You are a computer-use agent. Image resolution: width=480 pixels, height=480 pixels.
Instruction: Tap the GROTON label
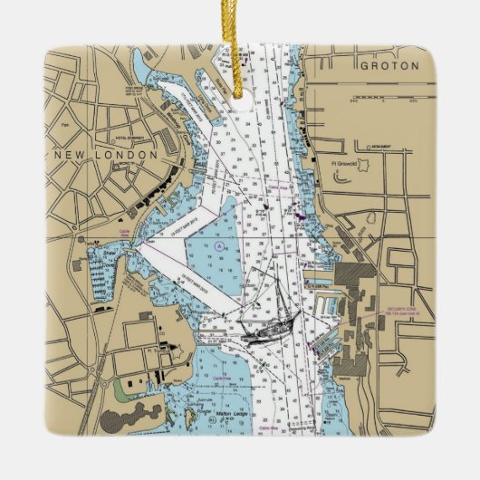(389, 66)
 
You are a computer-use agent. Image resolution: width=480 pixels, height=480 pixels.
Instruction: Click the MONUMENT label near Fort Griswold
(379, 146)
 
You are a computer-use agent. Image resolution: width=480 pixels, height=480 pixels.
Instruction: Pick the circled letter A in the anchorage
(219, 245)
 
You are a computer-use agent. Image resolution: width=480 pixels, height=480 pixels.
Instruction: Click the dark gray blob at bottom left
(118, 421)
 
